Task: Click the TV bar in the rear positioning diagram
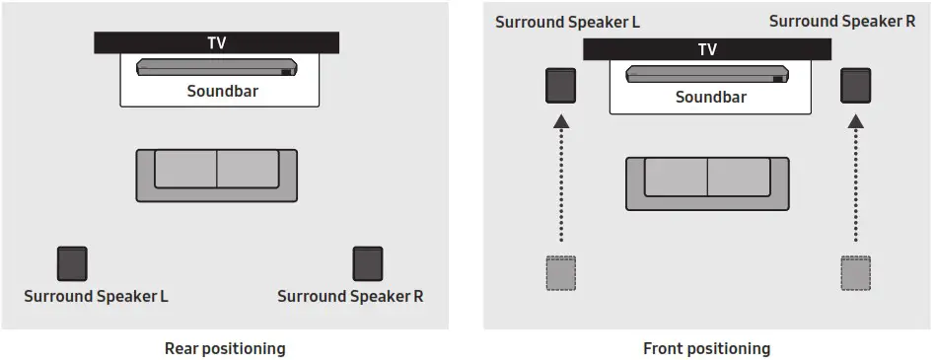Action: [x=216, y=42]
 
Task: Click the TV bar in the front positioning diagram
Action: [x=707, y=49]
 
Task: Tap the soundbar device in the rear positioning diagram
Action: [x=216, y=67]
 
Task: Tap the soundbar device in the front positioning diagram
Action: [x=707, y=74]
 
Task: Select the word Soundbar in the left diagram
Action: [x=216, y=91]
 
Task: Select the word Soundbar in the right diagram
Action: [x=707, y=98]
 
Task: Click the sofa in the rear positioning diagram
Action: [x=216, y=176]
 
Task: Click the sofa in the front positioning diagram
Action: [x=707, y=182]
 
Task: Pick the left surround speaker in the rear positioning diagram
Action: [x=72, y=263]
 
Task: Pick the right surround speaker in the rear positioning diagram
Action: [x=368, y=263]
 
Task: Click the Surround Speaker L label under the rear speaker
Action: [x=96, y=296]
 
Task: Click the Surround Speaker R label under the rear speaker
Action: [x=350, y=296]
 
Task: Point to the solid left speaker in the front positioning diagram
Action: [x=561, y=86]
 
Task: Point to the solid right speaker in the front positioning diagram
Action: [x=855, y=86]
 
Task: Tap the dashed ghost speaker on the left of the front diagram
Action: [x=561, y=271]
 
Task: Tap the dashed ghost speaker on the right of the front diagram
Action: [x=855, y=271]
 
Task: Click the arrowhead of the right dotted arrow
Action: [x=855, y=122]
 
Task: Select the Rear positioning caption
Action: [x=225, y=348]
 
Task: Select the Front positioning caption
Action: [x=706, y=348]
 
